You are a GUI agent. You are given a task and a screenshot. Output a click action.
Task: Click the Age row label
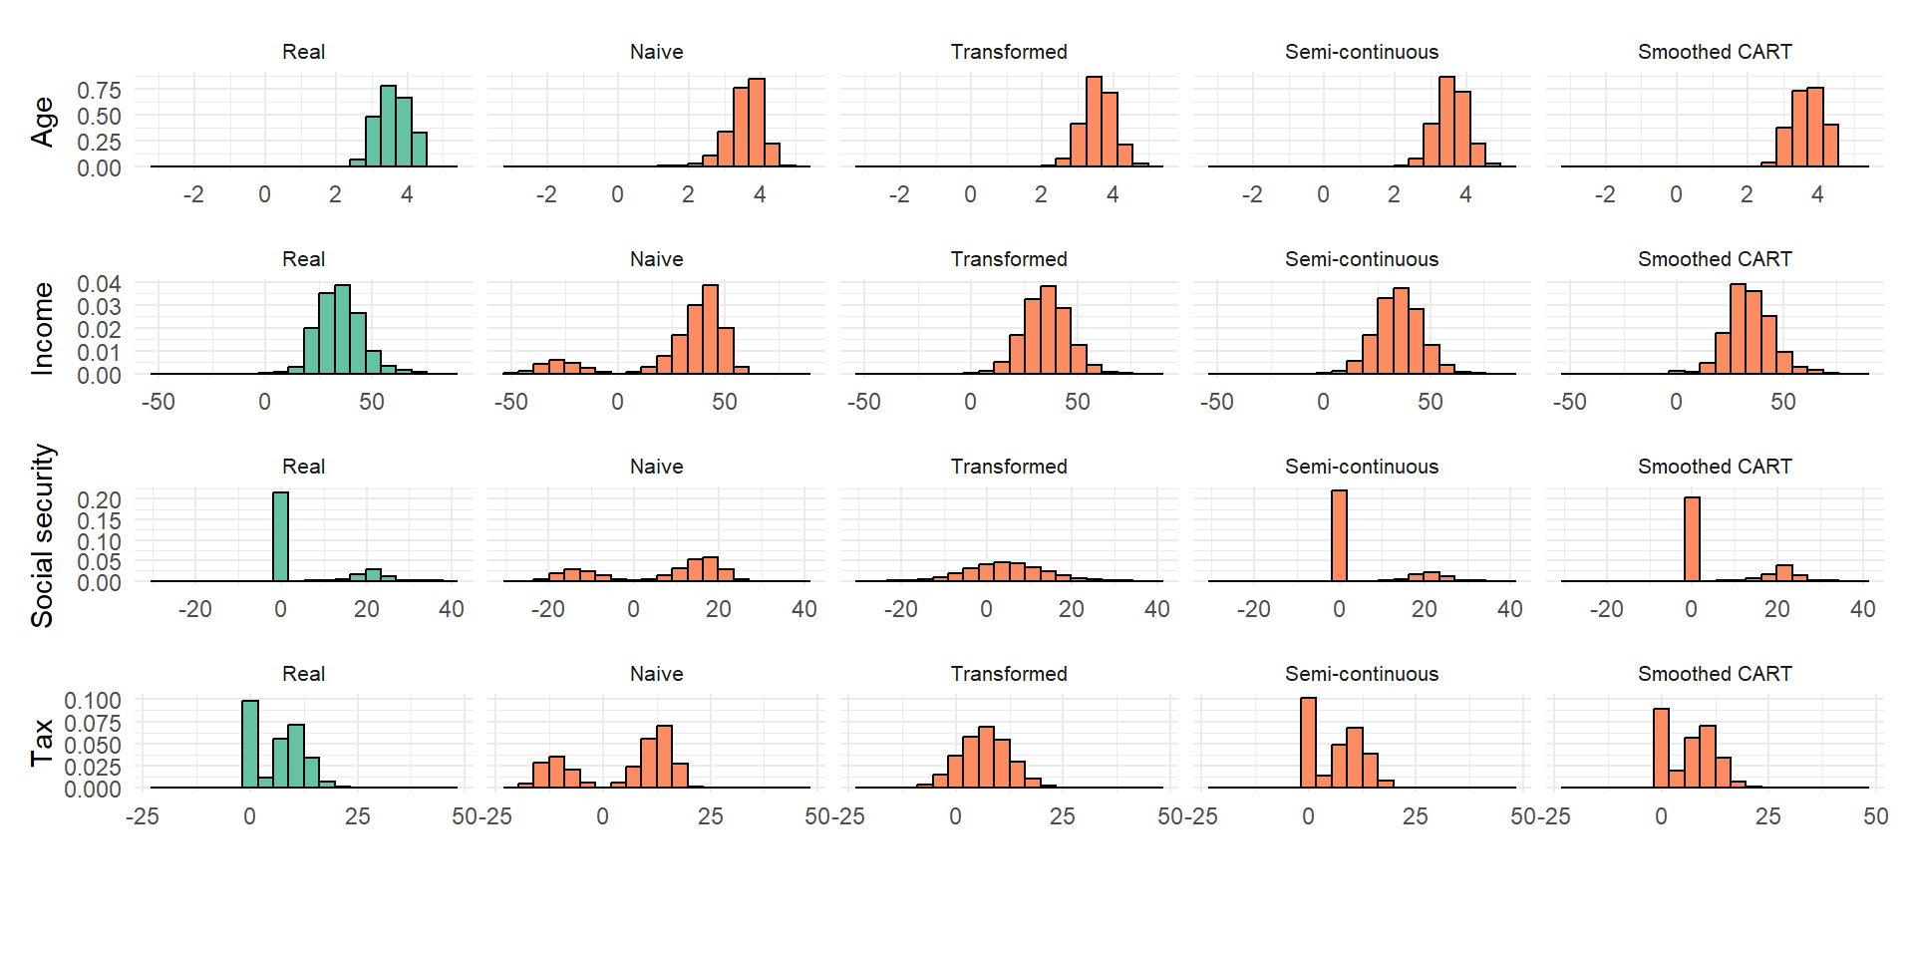(x=42, y=122)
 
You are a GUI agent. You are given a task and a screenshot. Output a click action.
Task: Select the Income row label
(x=42, y=328)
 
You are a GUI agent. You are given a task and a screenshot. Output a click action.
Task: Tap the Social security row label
(x=42, y=535)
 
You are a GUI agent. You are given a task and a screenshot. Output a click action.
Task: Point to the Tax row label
(x=42, y=743)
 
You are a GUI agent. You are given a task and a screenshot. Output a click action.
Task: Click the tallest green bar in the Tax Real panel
(x=250, y=744)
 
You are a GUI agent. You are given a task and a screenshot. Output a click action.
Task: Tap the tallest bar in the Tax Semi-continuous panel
(x=1308, y=743)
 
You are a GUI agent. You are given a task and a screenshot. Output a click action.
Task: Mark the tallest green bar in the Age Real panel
(x=389, y=126)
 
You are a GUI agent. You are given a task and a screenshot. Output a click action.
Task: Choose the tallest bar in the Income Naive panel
(x=710, y=330)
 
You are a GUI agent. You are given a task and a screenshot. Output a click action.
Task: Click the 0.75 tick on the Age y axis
(x=99, y=91)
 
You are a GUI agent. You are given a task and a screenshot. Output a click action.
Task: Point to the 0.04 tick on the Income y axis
(x=99, y=284)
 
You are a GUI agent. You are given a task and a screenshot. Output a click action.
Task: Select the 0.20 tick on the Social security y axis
(x=99, y=500)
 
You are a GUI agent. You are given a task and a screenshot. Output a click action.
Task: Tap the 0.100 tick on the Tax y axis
(x=93, y=701)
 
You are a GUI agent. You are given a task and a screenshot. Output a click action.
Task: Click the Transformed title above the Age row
(x=1009, y=52)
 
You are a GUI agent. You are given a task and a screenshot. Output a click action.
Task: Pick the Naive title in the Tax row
(x=656, y=674)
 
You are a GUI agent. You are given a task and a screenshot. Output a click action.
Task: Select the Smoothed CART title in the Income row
(x=1715, y=259)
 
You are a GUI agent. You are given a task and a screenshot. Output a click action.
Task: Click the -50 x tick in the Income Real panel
(x=158, y=402)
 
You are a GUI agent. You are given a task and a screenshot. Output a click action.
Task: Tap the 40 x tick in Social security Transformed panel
(x=1156, y=609)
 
